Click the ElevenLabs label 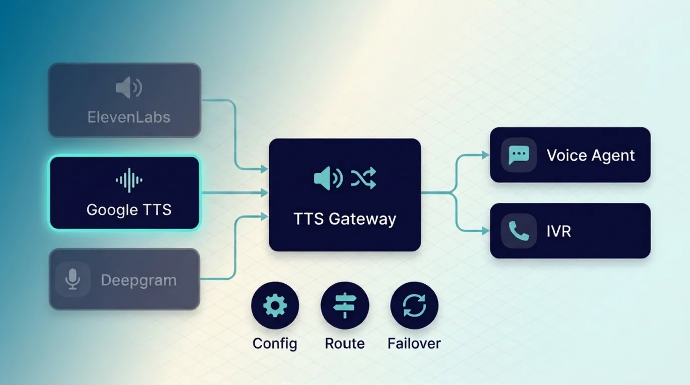point(129,117)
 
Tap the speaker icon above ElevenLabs point(129,88)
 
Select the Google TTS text point(129,209)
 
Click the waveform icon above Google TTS point(129,180)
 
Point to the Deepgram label point(138,280)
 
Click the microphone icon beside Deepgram point(73,279)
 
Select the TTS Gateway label point(344,219)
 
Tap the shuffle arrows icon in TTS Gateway point(363,178)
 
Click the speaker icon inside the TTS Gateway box point(328,178)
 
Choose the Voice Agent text point(591,155)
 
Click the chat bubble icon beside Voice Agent point(519,155)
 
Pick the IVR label point(559,231)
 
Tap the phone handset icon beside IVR point(519,231)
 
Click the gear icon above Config point(275,305)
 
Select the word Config point(275,343)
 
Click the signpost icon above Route point(344,305)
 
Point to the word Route point(344,343)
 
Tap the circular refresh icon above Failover point(414,305)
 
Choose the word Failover point(414,343)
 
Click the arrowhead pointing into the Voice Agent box point(485,155)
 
